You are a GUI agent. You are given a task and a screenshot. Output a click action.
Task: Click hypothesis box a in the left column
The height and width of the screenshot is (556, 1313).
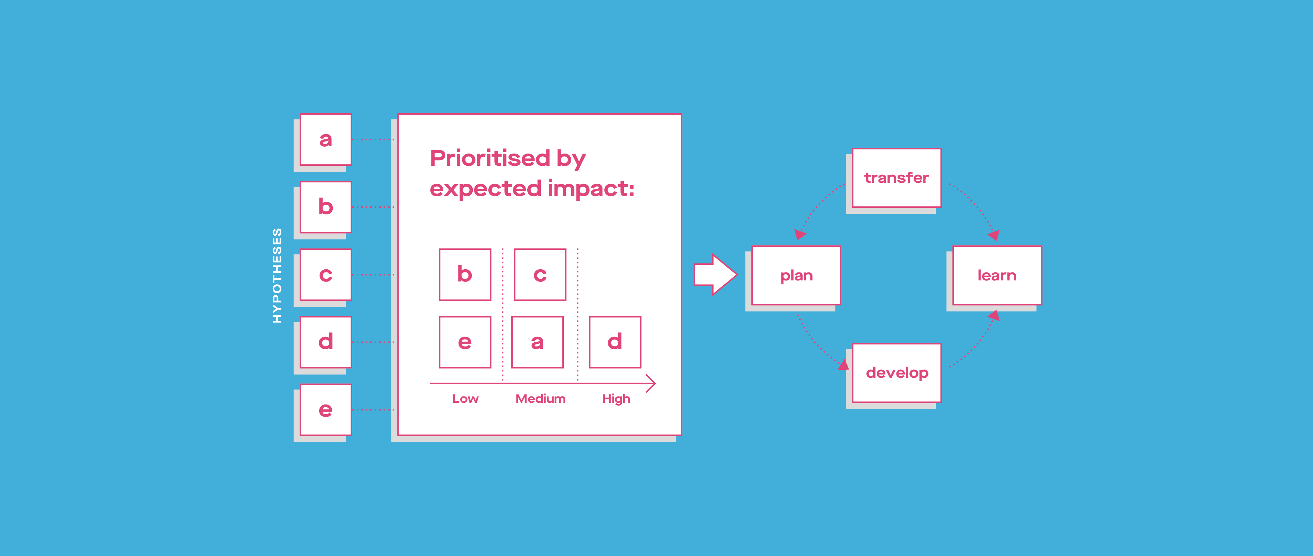click(x=326, y=139)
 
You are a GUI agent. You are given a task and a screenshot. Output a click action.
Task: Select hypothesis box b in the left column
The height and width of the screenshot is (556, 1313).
click(x=326, y=207)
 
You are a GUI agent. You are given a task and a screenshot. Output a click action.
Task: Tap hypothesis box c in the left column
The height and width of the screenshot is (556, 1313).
click(x=326, y=275)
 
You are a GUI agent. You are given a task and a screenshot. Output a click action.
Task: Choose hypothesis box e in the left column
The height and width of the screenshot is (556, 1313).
click(x=326, y=410)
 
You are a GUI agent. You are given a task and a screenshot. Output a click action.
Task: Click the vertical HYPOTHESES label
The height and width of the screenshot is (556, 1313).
click(x=277, y=276)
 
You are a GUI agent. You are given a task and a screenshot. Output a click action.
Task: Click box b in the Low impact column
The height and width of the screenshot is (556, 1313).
click(x=465, y=275)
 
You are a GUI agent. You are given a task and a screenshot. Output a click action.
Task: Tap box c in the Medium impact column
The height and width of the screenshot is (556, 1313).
click(x=540, y=275)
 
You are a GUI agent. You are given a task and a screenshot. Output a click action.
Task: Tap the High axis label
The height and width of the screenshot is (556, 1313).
click(x=616, y=399)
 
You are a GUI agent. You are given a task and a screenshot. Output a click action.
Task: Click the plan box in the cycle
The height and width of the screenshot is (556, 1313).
click(x=796, y=276)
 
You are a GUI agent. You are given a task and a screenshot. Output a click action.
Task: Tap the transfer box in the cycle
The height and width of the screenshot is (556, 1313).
click(x=897, y=178)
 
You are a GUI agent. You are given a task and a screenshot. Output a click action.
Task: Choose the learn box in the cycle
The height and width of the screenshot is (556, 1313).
click(x=997, y=276)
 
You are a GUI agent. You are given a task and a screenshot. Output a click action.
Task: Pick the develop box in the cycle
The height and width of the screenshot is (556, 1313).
click(x=897, y=373)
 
